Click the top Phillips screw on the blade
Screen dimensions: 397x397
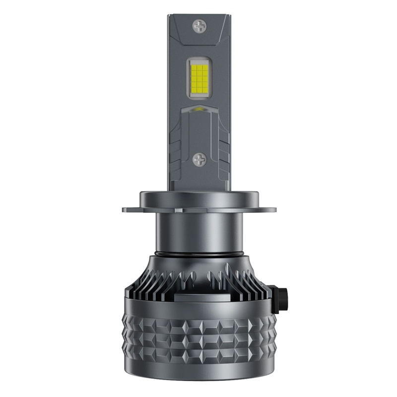pyautogui.click(x=200, y=24)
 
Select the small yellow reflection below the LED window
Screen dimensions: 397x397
pyautogui.click(x=199, y=108)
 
